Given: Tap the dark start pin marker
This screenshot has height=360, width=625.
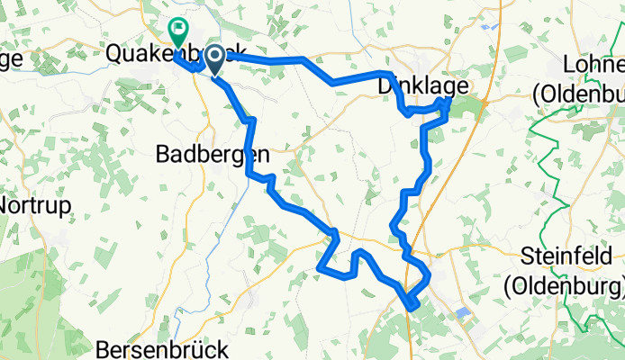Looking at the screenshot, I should tap(216, 59).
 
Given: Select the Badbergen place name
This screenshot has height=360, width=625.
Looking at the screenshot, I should tap(213, 154).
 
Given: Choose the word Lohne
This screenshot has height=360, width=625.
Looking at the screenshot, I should tap(593, 66).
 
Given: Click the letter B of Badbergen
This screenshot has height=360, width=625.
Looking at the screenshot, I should tap(164, 154).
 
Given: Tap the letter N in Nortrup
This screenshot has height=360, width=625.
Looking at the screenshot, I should tap(5, 204).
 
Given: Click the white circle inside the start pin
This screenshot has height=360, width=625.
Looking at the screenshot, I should tap(216, 57).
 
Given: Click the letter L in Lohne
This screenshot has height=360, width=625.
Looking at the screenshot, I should tap(569, 66).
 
